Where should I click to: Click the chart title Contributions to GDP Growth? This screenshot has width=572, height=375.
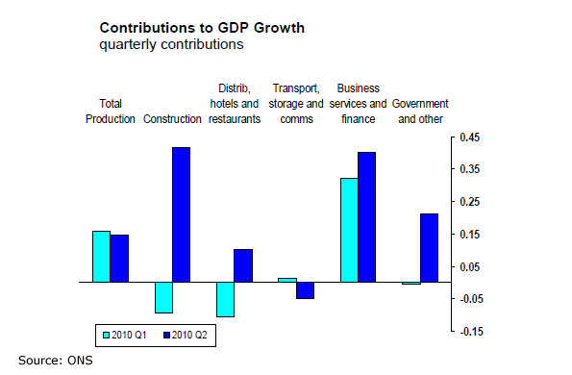[202, 28]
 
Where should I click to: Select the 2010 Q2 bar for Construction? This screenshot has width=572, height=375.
[182, 214]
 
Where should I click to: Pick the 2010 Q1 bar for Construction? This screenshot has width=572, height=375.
[163, 297]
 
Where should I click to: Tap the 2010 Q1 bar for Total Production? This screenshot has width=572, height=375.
[101, 257]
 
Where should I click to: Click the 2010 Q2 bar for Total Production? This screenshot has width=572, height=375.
[119, 259]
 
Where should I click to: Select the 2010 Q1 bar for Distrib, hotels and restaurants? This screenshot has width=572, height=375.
[225, 299]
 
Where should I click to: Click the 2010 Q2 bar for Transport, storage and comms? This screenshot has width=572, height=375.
[305, 290]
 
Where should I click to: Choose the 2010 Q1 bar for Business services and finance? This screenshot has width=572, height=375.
[348, 230]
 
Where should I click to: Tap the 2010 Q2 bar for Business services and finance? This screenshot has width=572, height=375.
[366, 217]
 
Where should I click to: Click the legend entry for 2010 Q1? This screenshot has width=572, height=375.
[126, 335]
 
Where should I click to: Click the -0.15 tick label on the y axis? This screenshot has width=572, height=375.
[468, 332]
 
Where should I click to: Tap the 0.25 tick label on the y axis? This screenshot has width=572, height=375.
[468, 202]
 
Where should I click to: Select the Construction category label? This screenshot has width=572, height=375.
[172, 119]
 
